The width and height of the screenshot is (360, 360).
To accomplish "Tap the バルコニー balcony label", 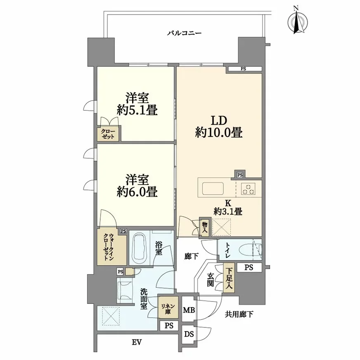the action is pos(184,33).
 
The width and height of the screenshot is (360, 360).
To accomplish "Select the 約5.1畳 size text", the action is pos(137,110).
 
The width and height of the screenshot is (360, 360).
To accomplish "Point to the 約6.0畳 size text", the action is pos(137,192).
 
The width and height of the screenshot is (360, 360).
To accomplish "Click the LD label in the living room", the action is pos(219,120).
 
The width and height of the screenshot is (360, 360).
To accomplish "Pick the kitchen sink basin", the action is pos(213,189).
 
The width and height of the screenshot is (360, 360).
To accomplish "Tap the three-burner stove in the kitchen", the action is pos(248,189).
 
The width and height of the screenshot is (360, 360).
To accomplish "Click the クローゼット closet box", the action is pos(108,134).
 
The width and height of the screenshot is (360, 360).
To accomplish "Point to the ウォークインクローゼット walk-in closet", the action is pos(111,247).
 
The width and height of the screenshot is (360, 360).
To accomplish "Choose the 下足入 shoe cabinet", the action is pos(229,278).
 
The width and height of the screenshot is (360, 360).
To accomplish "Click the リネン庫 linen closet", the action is pos(168,308).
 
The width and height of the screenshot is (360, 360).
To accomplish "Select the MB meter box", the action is pos(189,310).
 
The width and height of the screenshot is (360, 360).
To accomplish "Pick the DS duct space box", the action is pos(189,334).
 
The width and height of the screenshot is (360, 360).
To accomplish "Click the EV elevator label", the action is pos(137,342).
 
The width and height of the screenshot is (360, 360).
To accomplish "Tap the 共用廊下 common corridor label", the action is pos(239,314).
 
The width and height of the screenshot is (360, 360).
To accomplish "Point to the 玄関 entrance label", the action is pos(211,279).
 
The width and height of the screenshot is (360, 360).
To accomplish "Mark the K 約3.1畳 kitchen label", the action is pos(228,207).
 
